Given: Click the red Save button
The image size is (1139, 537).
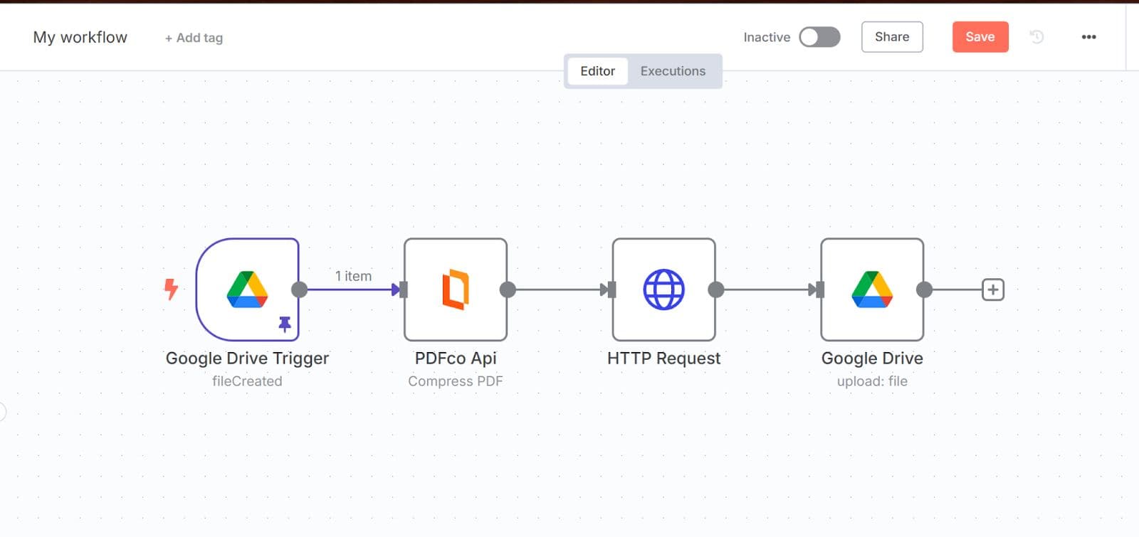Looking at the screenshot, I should [x=980, y=37].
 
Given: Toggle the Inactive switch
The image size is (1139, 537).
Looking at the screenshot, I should [x=819, y=37].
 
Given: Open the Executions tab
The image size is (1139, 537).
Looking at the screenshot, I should [x=672, y=71].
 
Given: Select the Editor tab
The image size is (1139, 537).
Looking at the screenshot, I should [x=597, y=71].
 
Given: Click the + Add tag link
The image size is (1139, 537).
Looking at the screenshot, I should [x=194, y=38].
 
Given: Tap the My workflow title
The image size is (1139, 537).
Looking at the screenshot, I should [x=80, y=37].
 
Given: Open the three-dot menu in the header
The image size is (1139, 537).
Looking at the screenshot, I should [x=1088, y=37].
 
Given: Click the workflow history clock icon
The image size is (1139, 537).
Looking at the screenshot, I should [x=1036, y=37].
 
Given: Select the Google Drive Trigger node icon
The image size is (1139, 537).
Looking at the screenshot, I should [x=247, y=289].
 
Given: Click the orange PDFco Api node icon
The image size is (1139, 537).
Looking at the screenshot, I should [x=455, y=289].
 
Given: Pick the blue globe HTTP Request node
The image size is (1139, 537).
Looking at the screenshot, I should [x=663, y=289].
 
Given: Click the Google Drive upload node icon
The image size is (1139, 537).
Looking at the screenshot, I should [x=872, y=289].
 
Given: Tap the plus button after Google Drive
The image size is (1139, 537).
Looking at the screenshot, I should [x=992, y=289].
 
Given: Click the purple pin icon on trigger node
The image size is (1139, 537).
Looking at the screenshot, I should [x=285, y=324].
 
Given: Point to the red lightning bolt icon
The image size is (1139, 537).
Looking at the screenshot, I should [x=171, y=289].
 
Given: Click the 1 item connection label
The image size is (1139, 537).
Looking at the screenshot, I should [x=353, y=276].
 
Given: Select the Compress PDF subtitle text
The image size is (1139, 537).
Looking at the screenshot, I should [x=455, y=381].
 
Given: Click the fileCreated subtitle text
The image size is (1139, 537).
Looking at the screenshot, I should [x=247, y=381].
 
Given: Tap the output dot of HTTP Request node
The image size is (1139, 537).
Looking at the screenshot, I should [x=716, y=289].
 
